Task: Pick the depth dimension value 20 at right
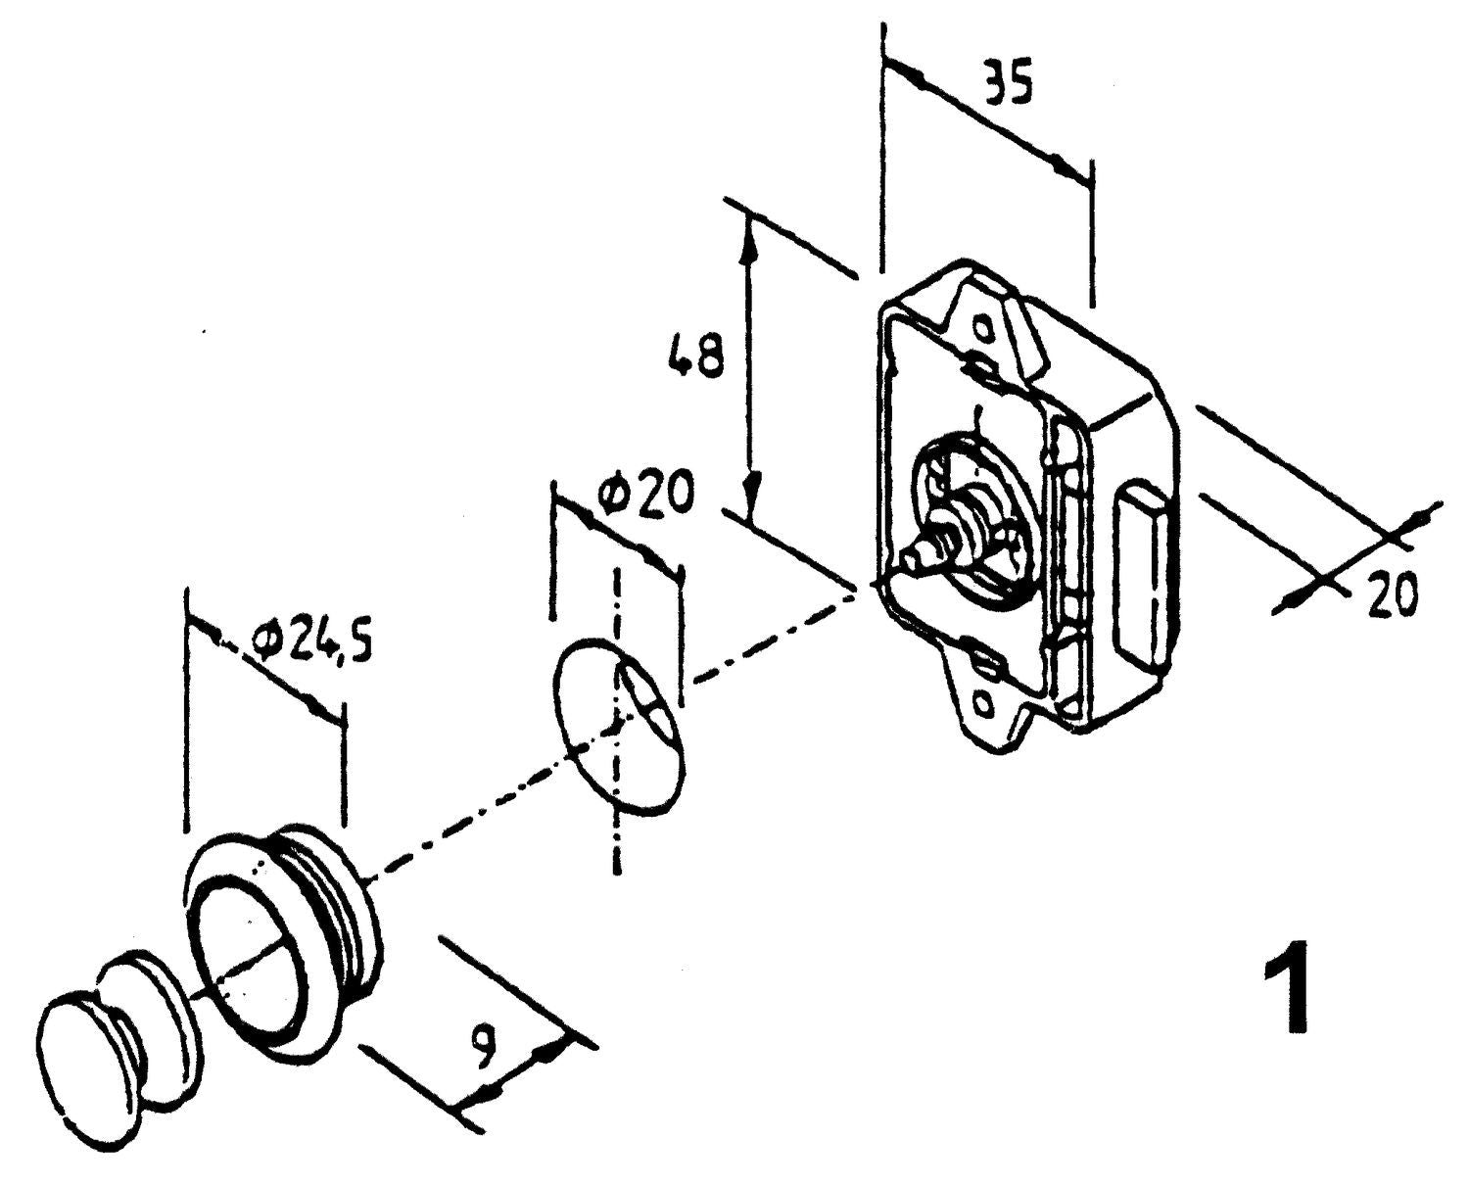click(1393, 595)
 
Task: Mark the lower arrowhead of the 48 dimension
click(752, 490)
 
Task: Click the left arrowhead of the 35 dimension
click(906, 72)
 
